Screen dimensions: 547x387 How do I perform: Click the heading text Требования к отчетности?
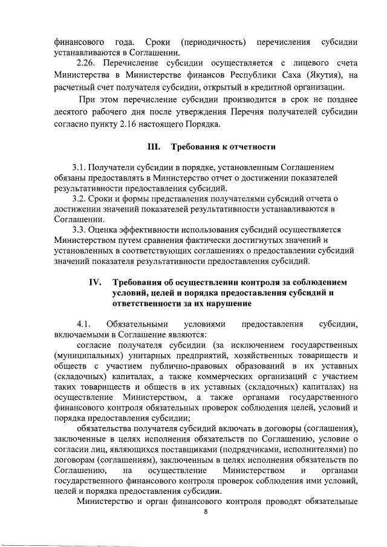224,147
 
